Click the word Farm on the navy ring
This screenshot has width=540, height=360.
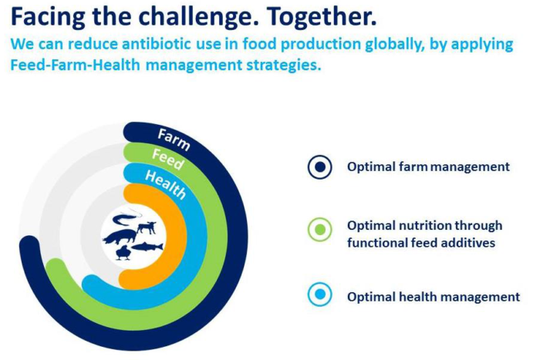(x=174, y=140)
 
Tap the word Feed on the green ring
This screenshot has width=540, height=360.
(x=168, y=160)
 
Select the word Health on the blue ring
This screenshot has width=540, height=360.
(x=166, y=185)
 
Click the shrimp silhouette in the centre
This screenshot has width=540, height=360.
(x=127, y=218)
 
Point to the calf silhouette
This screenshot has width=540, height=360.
(x=147, y=228)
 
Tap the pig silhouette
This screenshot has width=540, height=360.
(x=120, y=237)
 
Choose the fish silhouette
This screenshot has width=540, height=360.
(x=147, y=247)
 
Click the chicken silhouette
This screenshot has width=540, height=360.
(x=123, y=253)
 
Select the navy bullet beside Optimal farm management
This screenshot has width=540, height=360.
(x=320, y=167)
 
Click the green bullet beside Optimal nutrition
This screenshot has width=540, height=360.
(x=320, y=230)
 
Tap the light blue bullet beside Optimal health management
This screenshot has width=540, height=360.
(x=320, y=294)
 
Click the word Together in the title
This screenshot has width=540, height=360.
(x=322, y=16)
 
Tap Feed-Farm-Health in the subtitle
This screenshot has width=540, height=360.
(x=75, y=65)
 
